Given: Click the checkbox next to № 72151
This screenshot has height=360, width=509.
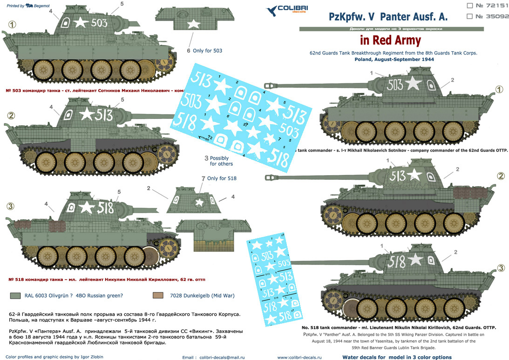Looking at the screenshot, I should [x=469, y=6].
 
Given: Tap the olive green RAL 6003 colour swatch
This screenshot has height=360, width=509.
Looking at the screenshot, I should [x=15, y=295].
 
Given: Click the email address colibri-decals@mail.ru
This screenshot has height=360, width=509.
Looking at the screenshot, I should [x=219, y=357].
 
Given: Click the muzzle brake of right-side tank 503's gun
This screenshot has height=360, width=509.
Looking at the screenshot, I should [x=270, y=85].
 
